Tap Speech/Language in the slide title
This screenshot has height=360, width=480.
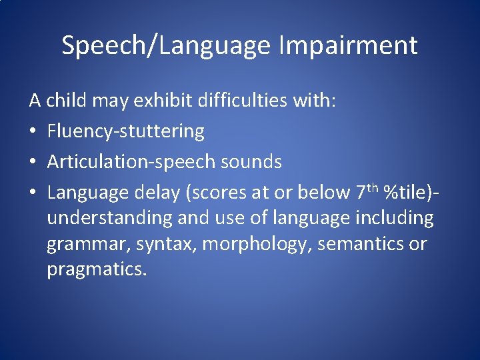(166, 46)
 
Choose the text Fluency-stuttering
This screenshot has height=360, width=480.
(126, 131)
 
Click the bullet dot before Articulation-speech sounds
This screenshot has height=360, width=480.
(34, 162)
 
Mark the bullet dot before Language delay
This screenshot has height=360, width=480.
(34, 193)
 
